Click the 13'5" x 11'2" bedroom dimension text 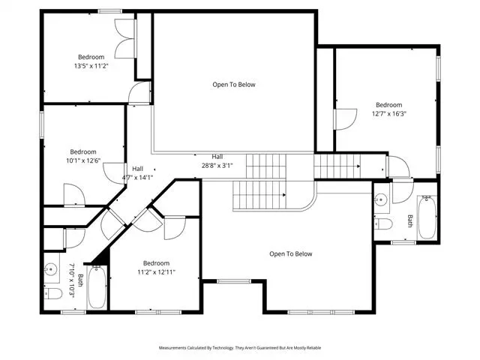[x=91, y=66]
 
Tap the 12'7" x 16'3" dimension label [x=389, y=114]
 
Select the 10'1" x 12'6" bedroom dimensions [x=83, y=160]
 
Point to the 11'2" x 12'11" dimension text [x=156, y=272]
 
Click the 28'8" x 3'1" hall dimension [x=217, y=166]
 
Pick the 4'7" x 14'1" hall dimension [x=137, y=177]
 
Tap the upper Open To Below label [x=234, y=85]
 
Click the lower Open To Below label [x=291, y=253]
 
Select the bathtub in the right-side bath [x=427, y=217]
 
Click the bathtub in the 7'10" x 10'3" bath [x=97, y=286]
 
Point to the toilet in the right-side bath [x=383, y=224]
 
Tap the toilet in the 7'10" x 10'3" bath [x=53, y=293]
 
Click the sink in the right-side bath [x=381, y=200]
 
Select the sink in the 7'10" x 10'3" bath [x=50, y=269]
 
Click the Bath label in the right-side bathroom [x=410, y=221]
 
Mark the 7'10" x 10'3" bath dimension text [x=72, y=280]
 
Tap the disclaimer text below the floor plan [x=240, y=348]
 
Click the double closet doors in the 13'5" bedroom [x=125, y=38]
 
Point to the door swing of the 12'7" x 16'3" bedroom [x=346, y=119]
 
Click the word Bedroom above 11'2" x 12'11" [x=156, y=263]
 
